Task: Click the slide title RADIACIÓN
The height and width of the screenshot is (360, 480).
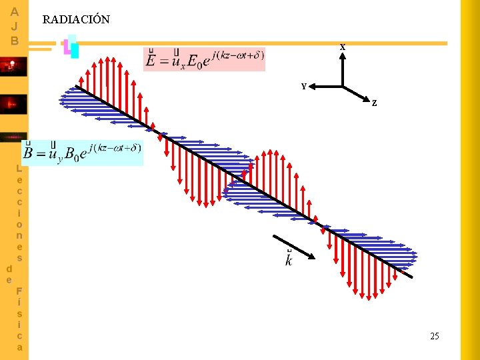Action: click(76, 20)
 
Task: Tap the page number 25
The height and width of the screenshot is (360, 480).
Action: click(435, 336)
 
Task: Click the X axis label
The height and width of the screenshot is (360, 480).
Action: click(342, 47)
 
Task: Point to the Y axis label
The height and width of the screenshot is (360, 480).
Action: click(304, 87)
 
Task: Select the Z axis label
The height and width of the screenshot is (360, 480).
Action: click(375, 103)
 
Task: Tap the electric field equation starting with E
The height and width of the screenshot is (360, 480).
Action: click(204, 59)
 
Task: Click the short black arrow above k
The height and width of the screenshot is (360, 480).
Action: click(293, 246)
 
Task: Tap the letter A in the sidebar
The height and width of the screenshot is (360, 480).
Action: click(15, 11)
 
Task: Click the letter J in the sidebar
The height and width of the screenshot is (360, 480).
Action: click(15, 26)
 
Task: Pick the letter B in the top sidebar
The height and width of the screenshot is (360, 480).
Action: click(15, 40)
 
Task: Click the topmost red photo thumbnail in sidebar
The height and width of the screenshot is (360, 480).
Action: click(13, 67)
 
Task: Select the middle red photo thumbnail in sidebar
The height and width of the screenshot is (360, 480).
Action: click(13, 104)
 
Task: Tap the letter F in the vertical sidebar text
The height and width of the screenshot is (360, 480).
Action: click(19, 291)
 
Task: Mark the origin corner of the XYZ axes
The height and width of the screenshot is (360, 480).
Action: click(342, 87)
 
